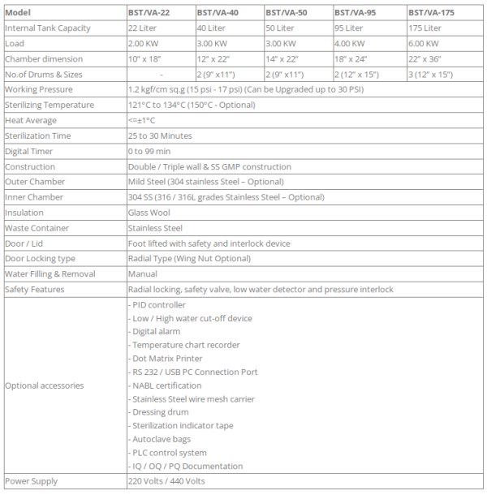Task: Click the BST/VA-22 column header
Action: tap(151, 13)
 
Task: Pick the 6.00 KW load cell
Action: tap(424, 44)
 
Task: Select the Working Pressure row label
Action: tap(39, 90)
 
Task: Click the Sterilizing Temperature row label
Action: tap(49, 105)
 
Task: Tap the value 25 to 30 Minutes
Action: tap(160, 136)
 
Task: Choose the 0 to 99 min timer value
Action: tap(150, 151)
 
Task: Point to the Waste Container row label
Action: tap(36, 227)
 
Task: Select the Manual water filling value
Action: tap(143, 273)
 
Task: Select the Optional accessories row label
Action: tap(44, 385)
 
